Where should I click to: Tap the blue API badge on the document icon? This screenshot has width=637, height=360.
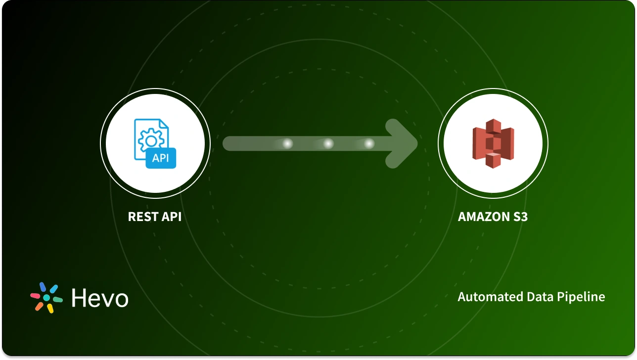161,158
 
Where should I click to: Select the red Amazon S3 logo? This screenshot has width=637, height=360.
493,143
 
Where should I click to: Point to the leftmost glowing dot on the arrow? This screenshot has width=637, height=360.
287,144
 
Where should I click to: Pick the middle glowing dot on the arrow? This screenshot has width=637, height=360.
328,144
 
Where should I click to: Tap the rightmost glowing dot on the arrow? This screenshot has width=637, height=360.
369,144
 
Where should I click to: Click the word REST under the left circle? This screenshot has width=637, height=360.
143,217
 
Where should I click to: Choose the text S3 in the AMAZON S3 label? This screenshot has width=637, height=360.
520,217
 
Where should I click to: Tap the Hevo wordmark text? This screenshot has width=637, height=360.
100,298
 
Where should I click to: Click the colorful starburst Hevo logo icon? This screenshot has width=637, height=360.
46,298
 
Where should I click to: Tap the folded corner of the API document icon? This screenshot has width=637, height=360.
164,124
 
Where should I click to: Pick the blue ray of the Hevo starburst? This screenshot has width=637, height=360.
43,287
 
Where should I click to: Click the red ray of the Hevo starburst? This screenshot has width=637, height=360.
35,296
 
